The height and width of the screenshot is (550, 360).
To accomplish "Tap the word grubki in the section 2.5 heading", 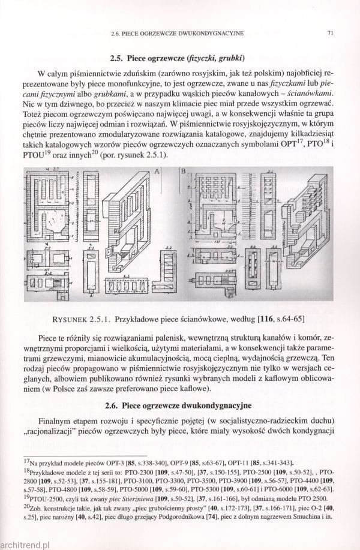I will (227, 59).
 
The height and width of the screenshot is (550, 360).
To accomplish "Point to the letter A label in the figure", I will (158, 172).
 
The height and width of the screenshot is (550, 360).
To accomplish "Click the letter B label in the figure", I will (183, 172).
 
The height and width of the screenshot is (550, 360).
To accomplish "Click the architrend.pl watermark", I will (24, 545).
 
